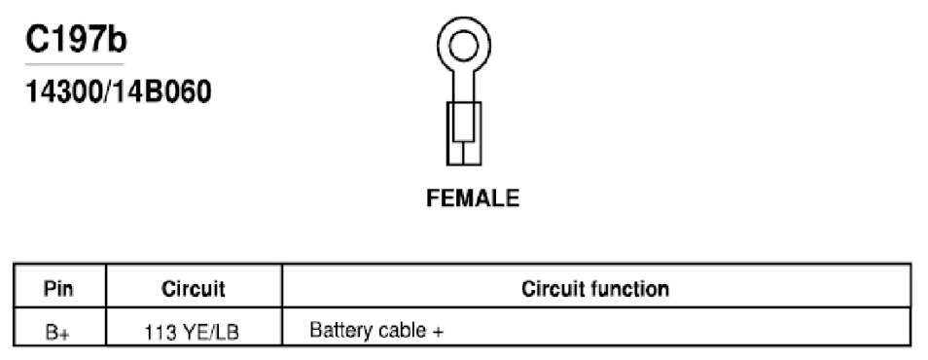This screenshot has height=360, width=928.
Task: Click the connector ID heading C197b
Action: (x=76, y=40)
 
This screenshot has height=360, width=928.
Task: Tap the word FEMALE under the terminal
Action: (x=473, y=198)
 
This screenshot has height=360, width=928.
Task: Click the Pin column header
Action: (x=58, y=289)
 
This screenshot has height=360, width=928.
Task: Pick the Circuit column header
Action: (x=193, y=289)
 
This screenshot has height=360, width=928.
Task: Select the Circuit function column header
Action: (x=595, y=289)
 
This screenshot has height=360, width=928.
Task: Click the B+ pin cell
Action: (x=57, y=332)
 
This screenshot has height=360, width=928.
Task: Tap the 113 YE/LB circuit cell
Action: (x=192, y=333)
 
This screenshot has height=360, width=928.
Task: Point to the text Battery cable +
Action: (x=376, y=330)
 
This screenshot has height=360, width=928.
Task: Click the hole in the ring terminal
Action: (x=463, y=47)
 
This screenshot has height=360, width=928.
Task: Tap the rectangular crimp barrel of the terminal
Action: (x=463, y=134)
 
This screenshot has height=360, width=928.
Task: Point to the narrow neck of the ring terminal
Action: (x=463, y=86)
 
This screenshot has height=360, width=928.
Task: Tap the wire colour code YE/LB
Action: (x=210, y=333)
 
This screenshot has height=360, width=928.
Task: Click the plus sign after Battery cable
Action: (x=438, y=331)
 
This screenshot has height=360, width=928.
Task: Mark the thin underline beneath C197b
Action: (x=75, y=64)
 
